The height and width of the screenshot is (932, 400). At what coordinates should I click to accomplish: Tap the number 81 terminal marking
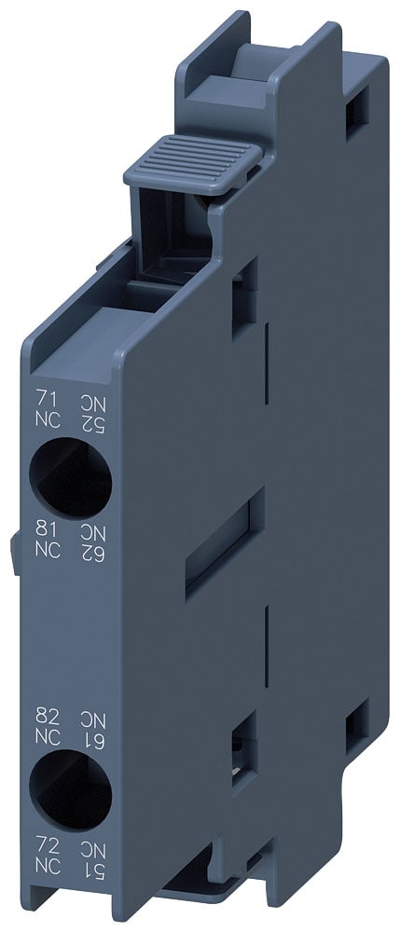point(45,532)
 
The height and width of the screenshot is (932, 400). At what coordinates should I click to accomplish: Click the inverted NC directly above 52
point(90,402)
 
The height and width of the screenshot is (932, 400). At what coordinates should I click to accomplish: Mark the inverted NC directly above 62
point(90,532)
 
